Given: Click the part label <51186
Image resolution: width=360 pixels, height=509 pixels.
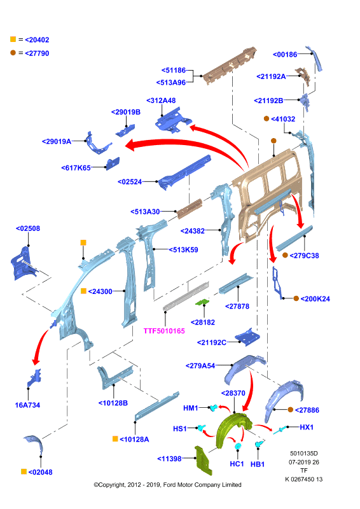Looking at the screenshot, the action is [x=174, y=70].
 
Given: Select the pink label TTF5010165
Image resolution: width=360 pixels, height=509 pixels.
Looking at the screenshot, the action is [x=164, y=331].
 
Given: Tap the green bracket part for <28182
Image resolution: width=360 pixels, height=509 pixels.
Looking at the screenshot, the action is [x=202, y=302].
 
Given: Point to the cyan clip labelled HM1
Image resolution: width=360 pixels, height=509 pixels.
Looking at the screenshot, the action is [x=213, y=407].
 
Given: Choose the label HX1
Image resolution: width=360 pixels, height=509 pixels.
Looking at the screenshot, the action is [x=307, y=427].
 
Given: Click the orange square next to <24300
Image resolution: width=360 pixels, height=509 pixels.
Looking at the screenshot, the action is [x=83, y=291].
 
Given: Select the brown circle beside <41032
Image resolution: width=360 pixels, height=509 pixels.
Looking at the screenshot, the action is [x=267, y=119].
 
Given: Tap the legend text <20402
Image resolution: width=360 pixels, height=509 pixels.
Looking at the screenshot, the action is [x=37, y=40].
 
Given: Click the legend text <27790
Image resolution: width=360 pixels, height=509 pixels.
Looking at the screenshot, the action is [x=37, y=53].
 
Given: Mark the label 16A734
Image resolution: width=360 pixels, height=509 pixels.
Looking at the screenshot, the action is [x=27, y=405].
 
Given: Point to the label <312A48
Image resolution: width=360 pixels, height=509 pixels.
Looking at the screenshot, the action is [x=161, y=101].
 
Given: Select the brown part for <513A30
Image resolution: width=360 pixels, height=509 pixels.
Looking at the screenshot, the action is [x=190, y=208].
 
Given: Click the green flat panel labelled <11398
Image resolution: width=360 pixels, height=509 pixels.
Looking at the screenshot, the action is [x=202, y=461].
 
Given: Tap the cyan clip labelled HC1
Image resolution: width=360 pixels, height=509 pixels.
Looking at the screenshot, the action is [x=239, y=446].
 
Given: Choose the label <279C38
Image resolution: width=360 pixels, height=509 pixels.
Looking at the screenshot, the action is [x=304, y=256].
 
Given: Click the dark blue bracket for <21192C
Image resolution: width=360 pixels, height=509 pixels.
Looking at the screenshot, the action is [x=247, y=337].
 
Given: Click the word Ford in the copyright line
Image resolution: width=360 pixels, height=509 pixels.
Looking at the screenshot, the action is [x=169, y=485].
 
